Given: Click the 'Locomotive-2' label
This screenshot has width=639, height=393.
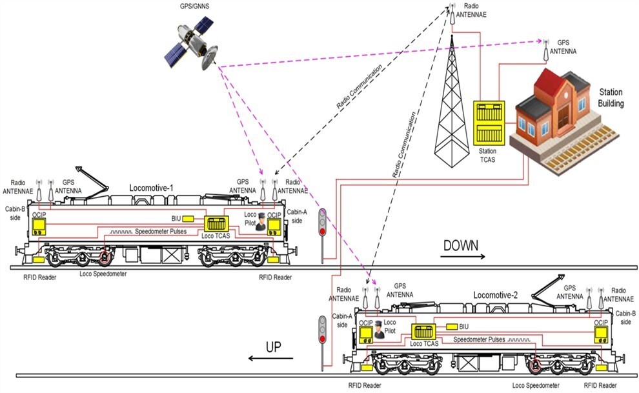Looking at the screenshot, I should [x=496, y=295].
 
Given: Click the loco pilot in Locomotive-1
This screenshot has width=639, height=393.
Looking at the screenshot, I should [x=260, y=221].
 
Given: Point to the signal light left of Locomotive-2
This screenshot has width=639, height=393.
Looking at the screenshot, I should [x=321, y=328].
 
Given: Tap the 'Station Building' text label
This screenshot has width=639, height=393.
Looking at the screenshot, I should [x=611, y=97].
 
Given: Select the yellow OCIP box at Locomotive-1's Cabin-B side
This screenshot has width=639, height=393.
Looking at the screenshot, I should [x=41, y=226].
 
